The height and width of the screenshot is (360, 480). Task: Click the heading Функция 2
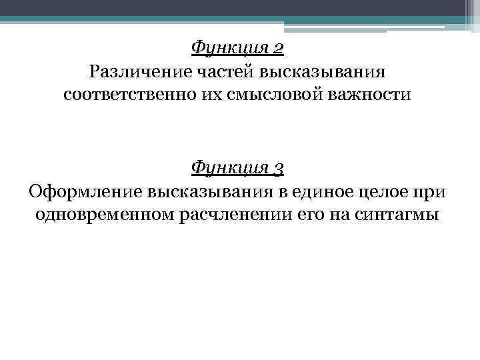click(237, 48)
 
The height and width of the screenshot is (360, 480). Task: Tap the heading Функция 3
click(237, 168)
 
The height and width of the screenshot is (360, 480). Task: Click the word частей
click(221, 71)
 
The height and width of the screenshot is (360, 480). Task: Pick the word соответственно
click(129, 95)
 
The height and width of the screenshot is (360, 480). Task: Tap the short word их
click(210, 95)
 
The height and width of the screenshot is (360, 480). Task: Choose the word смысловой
click(270, 95)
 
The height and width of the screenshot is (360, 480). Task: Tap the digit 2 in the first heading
click(278, 48)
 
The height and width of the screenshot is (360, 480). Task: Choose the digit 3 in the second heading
click(278, 169)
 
